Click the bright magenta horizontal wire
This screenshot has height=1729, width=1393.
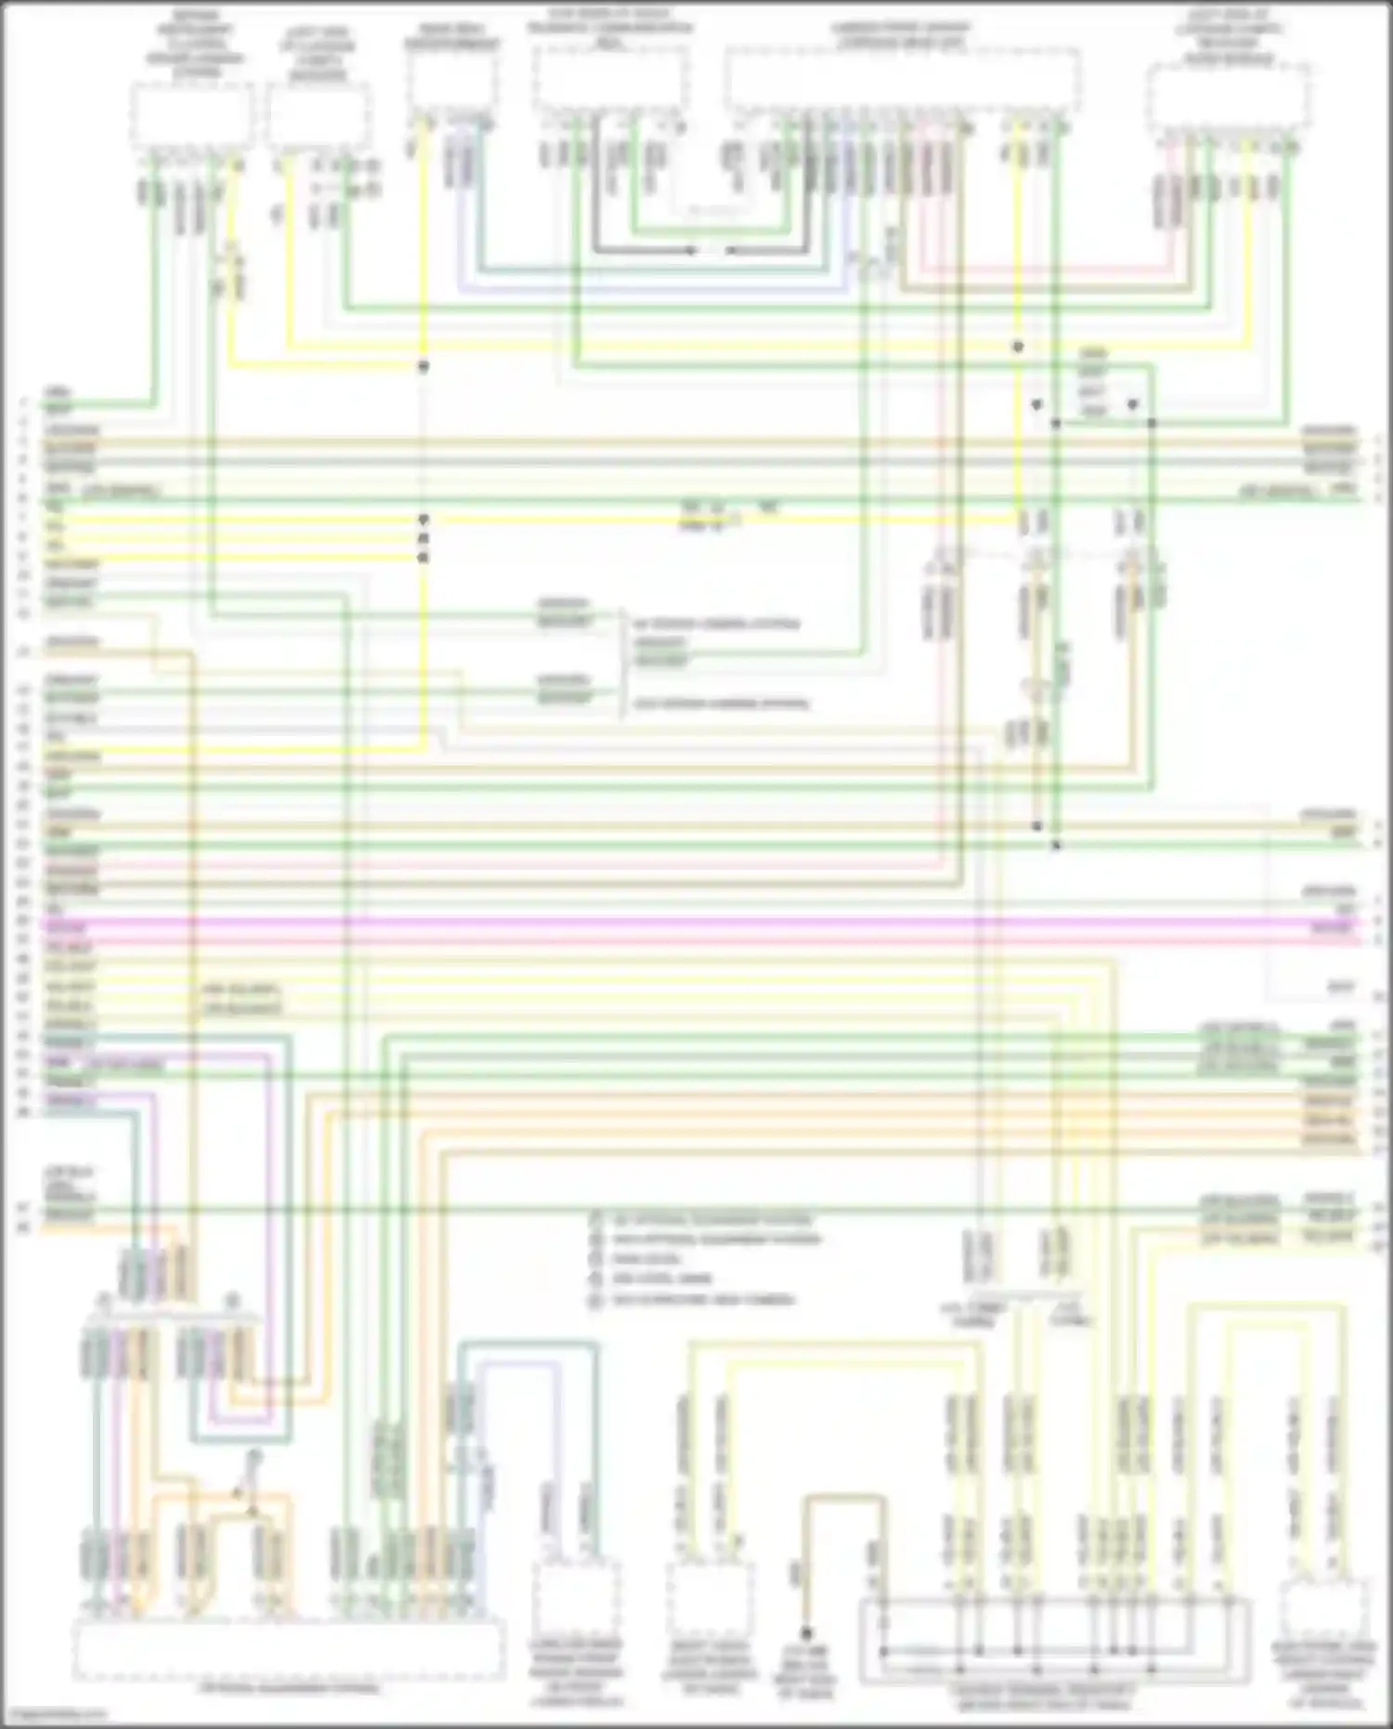[696, 925]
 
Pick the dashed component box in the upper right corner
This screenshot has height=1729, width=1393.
[1228, 98]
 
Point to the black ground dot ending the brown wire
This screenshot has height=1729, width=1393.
[806, 1633]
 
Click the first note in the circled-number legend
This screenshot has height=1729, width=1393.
[710, 1220]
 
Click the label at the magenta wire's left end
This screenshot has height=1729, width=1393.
[65, 927]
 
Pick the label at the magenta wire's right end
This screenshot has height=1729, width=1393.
[1332, 927]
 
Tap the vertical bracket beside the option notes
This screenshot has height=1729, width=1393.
[620, 663]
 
